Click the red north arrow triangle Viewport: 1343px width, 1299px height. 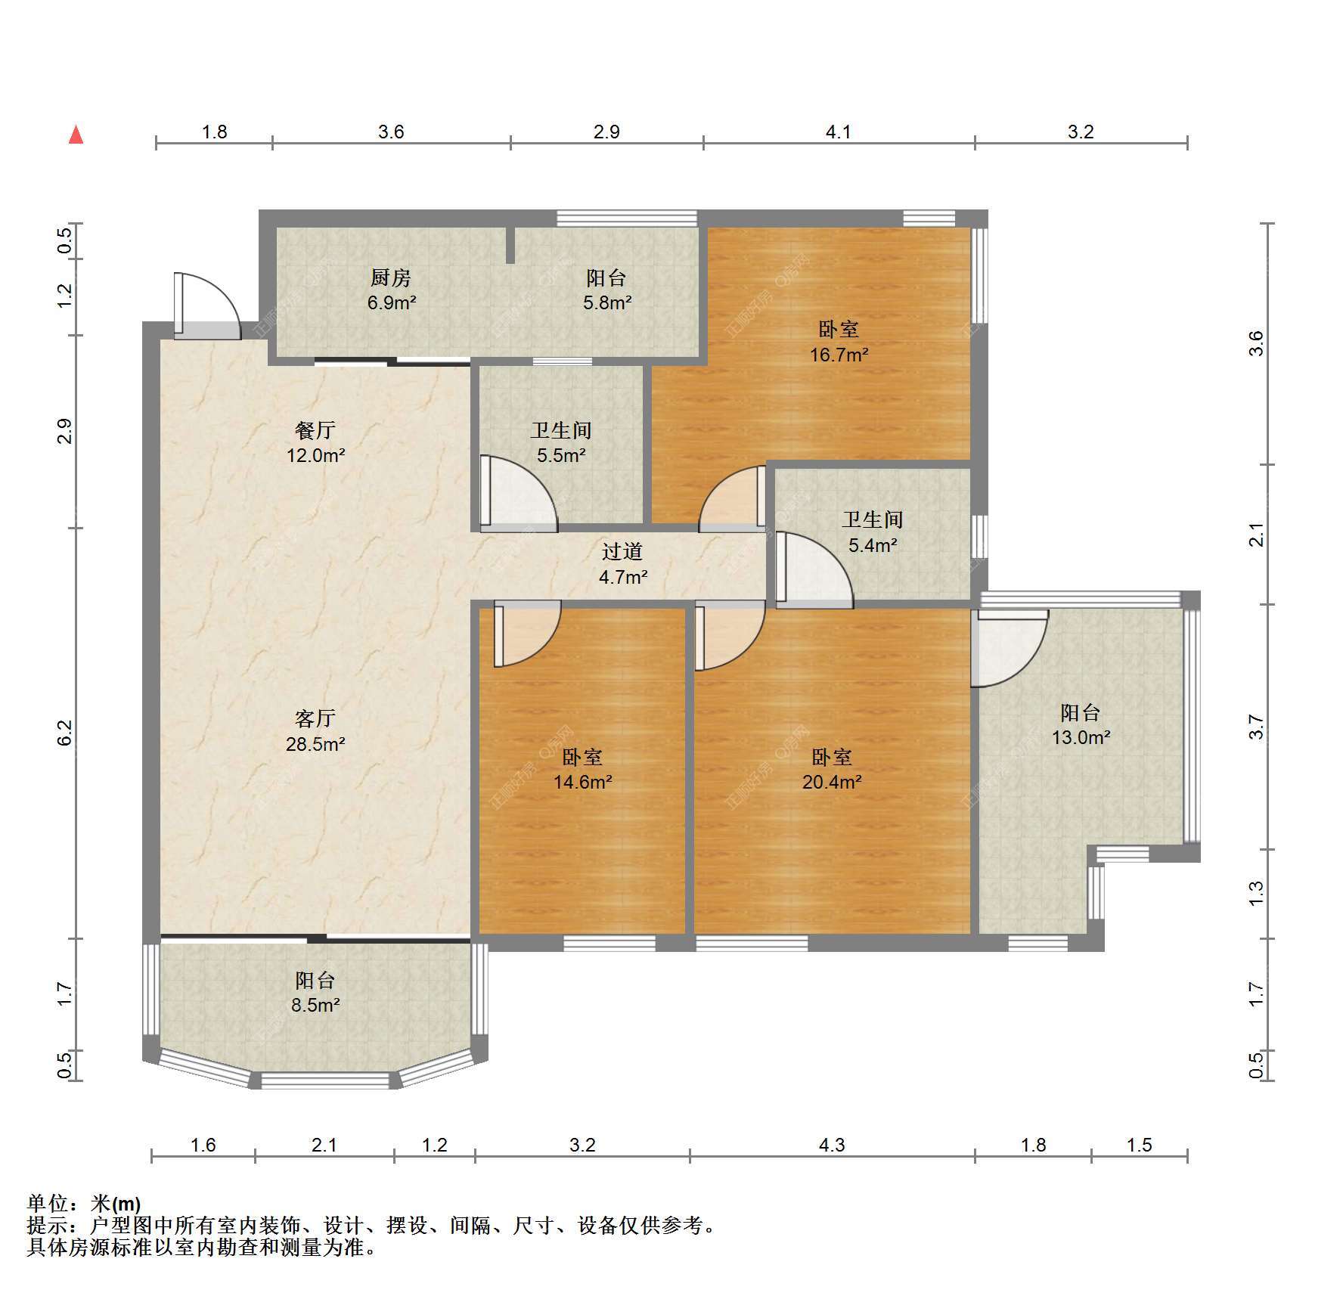coord(76,135)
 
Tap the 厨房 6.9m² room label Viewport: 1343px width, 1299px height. coord(391,290)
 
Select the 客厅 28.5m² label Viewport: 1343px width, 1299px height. coord(315,730)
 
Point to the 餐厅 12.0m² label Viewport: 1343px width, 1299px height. coord(315,442)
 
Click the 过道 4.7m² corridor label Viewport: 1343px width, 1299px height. coord(623,564)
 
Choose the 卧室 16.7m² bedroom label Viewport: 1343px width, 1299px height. coord(839,342)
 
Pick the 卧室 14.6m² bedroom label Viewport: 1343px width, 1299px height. coord(582,769)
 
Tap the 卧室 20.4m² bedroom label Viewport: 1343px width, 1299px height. coord(832,769)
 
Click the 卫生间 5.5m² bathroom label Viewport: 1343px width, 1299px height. coord(561,442)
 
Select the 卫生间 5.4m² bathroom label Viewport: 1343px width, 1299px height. coord(873,532)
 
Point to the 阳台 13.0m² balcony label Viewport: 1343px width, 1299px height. coord(1081,724)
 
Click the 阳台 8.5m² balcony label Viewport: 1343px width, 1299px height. coord(315,992)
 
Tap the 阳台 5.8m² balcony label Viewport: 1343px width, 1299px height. coord(606,290)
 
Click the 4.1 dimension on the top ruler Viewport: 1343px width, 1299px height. coord(838,132)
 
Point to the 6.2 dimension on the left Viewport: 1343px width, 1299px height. coord(65,733)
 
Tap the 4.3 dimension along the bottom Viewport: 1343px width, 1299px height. coord(832,1146)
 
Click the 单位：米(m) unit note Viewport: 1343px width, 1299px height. coord(84,1204)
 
